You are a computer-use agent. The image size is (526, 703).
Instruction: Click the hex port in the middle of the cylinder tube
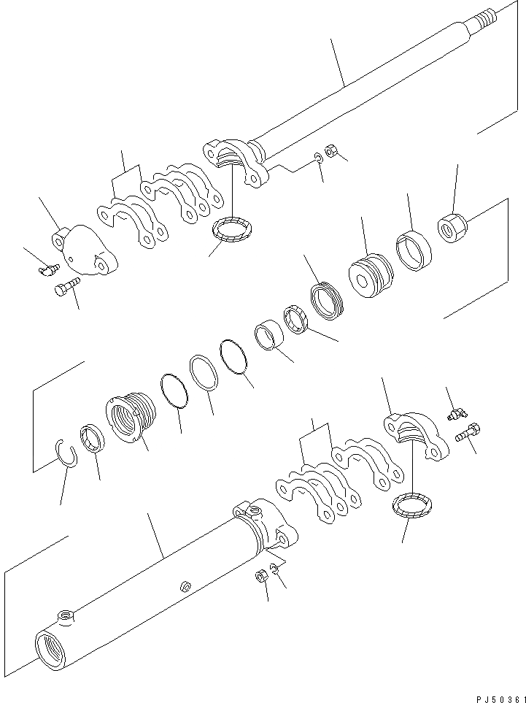click(186, 585)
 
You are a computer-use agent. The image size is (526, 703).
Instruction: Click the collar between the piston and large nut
click(413, 250)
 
